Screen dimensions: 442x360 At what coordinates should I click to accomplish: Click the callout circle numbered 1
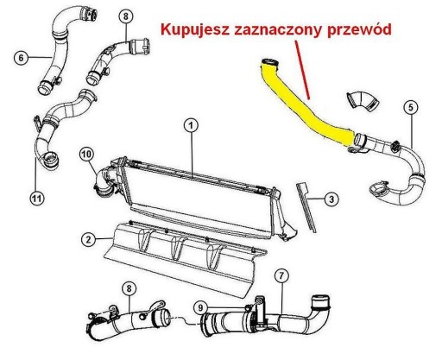(192, 125)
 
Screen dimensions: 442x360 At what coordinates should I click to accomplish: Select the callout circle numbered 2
(88, 239)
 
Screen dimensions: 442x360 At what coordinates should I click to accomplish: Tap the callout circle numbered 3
(331, 199)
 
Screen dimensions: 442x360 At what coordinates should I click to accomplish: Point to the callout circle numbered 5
(411, 107)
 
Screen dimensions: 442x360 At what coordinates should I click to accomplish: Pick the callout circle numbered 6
(21, 58)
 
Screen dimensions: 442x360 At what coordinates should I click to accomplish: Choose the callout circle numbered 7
(281, 276)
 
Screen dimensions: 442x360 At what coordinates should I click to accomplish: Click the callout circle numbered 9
(201, 307)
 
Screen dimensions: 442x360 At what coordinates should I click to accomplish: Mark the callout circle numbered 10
(86, 154)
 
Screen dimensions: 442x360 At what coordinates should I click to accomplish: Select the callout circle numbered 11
(37, 199)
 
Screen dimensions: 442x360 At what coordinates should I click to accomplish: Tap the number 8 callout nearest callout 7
(129, 288)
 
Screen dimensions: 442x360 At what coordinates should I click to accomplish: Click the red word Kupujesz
(194, 29)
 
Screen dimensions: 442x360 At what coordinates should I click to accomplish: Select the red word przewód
(359, 29)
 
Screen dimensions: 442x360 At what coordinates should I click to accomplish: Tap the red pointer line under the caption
(302, 70)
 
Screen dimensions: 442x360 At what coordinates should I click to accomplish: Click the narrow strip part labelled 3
(306, 207)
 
